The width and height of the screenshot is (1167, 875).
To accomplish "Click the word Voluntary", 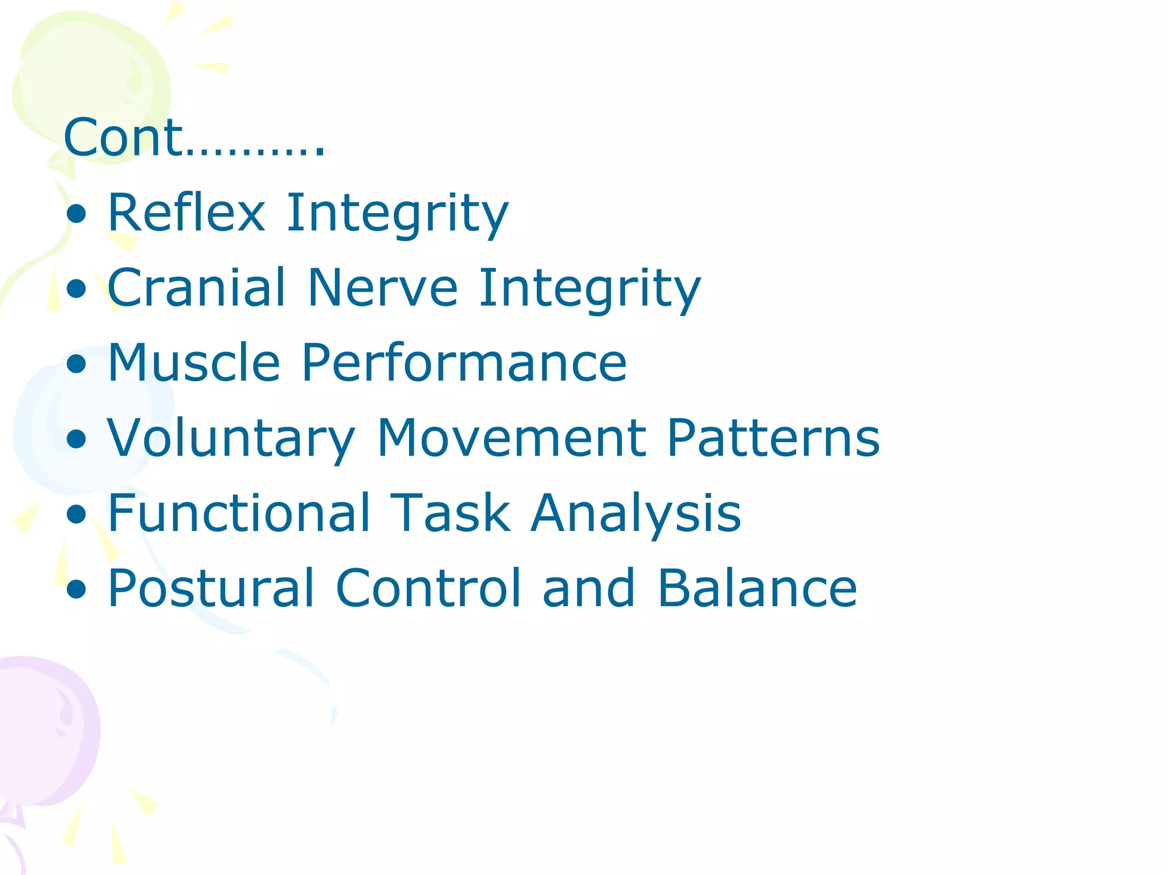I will tap(231, 438).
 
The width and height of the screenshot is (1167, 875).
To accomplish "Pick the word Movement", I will tap(511, 438).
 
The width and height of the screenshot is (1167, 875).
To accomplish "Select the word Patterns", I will tap(773, 438).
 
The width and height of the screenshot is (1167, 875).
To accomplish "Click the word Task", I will tap(450, 513).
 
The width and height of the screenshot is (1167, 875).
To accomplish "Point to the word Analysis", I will tap(635, 513).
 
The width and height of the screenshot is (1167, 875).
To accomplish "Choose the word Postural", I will tap(211, 588).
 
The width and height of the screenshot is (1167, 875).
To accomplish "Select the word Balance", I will tap(757, 588).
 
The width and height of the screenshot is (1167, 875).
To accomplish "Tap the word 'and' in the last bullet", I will tap(589, 588).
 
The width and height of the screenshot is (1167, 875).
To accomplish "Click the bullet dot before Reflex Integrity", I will tap(76, 215).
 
